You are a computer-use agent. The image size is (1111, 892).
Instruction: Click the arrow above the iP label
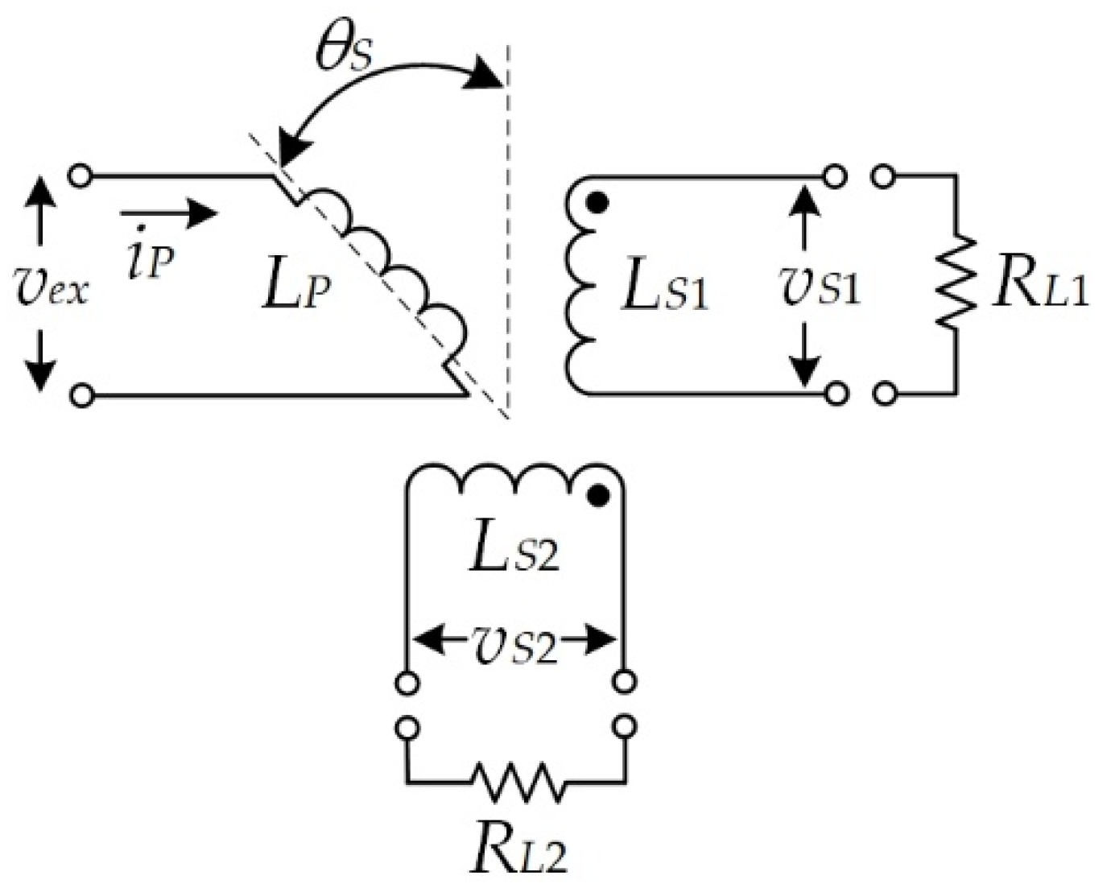(x=168, y=213)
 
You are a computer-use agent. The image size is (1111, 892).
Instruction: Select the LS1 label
(x=665, y=290)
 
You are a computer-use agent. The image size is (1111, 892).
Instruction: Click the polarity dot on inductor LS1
(x=596, y=203)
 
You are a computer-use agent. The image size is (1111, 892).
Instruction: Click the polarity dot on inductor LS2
(x=597, y=496)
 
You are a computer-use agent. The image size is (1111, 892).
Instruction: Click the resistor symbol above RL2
(x=516, y=780)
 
